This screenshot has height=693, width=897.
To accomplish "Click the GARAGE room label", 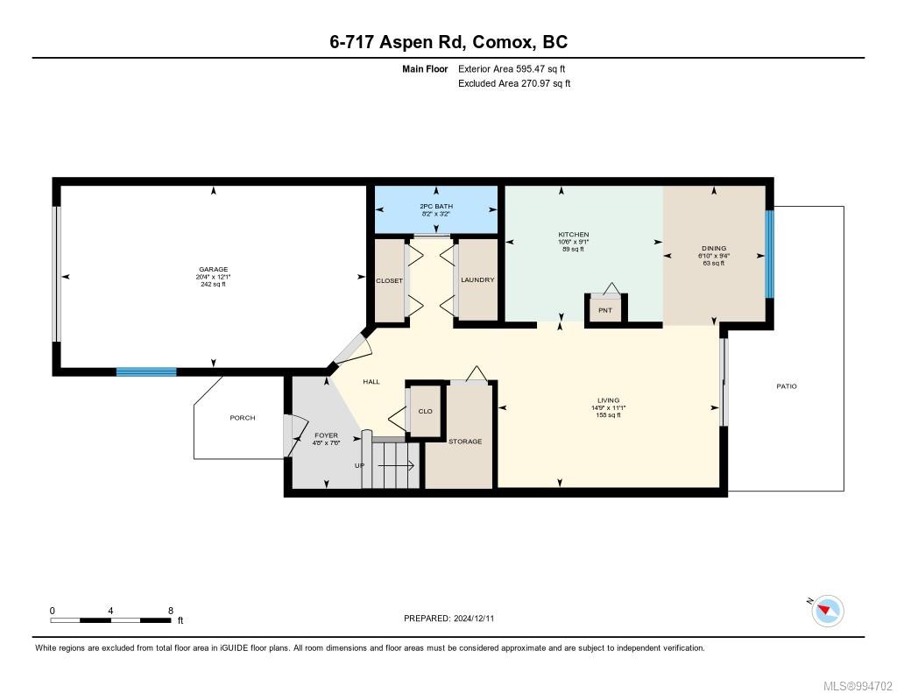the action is (214, 269).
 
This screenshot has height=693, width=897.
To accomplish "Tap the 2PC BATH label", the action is (436, 206).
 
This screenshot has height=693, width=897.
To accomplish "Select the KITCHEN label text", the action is (574, 234).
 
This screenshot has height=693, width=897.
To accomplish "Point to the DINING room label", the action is (714, 248).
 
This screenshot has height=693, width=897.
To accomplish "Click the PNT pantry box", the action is (605, 310).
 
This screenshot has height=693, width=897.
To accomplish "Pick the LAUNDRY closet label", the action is (477, 279).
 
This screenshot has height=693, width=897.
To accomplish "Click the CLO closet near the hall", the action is (426, 412).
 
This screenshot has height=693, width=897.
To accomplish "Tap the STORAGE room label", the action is (465, 442).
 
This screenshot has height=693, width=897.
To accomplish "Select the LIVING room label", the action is (608, 400).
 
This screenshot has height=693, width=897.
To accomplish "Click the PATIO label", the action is (787, 386).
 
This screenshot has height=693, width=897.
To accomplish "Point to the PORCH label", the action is (243, 418).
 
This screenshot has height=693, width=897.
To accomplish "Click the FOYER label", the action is (326, 435).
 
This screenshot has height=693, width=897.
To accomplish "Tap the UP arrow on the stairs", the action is (395, 466).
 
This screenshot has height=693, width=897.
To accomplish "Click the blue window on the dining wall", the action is (769, 254).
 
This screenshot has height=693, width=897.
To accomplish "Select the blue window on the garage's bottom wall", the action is (146, 372).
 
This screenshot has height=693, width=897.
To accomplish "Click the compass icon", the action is (827, 611).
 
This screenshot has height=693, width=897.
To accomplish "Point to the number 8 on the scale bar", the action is (171, 611).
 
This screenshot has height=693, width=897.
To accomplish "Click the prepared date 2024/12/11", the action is (474, 618).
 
